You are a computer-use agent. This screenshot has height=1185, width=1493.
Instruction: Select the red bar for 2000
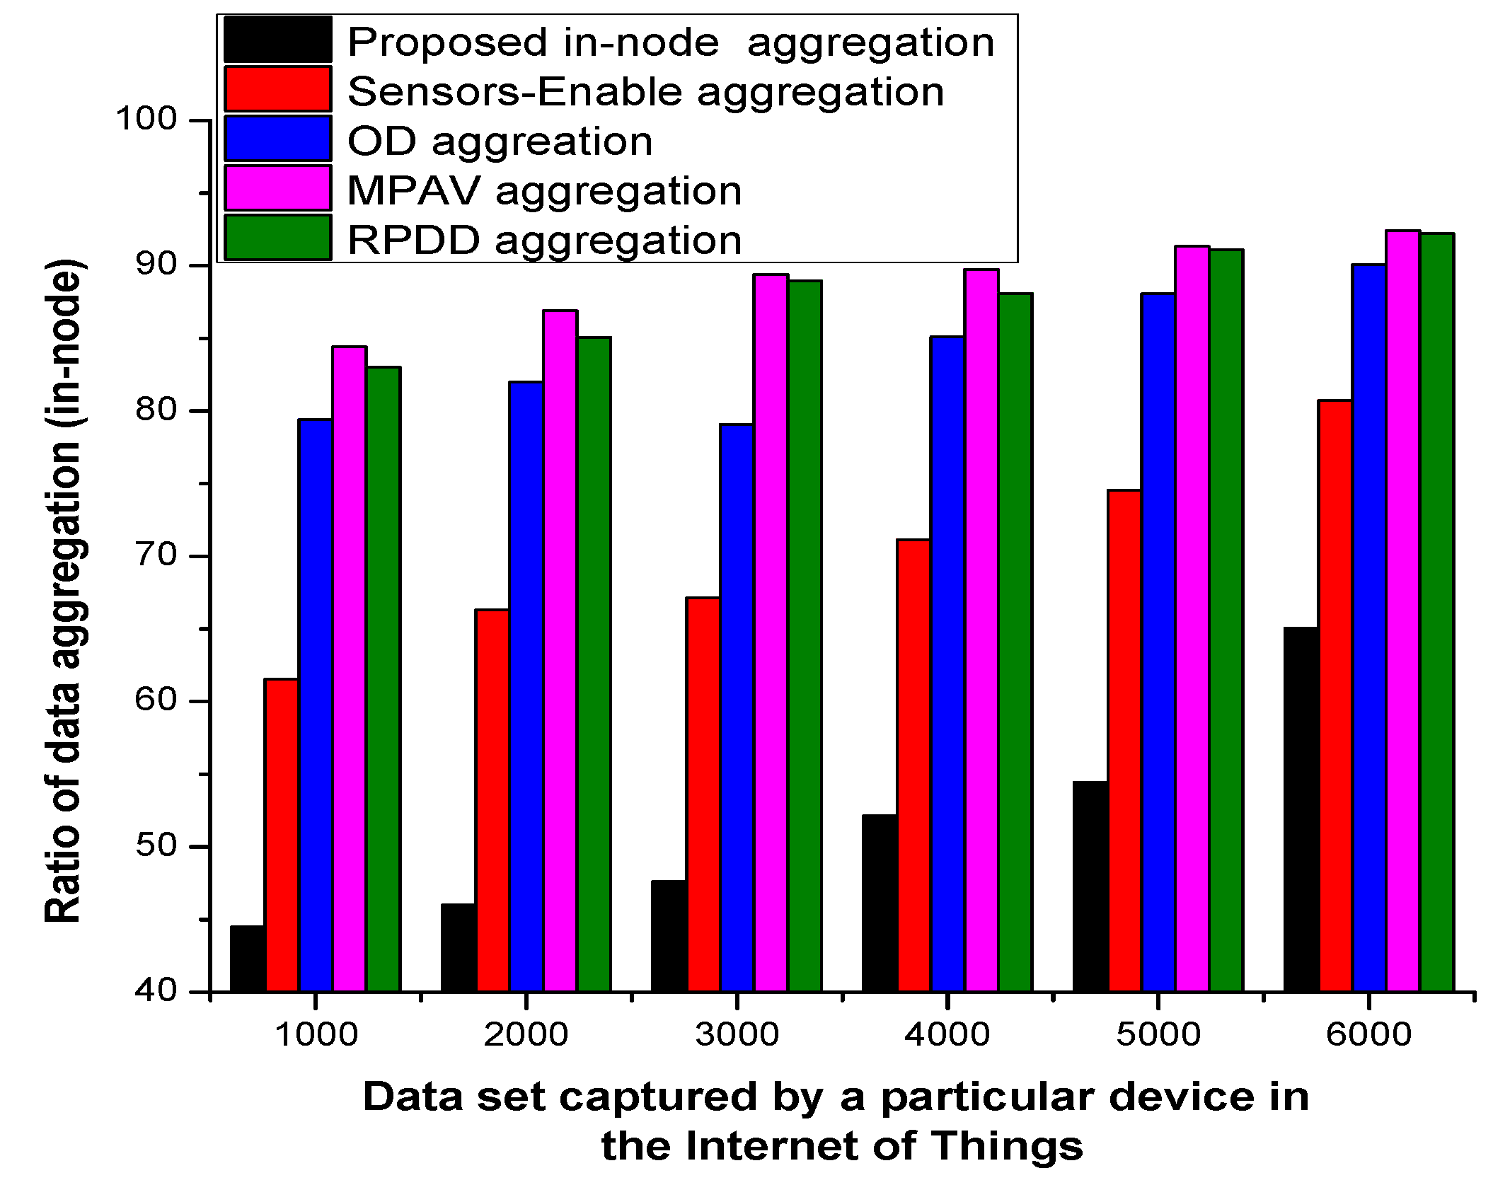coord(492,799)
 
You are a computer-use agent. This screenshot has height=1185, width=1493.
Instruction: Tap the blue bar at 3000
coord(736,707)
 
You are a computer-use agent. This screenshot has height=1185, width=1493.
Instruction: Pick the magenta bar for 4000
coord(981,630)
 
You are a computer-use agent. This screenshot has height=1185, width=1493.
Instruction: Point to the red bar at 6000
coord(1335,695)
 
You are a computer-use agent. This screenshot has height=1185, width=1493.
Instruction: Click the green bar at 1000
coord(383,679)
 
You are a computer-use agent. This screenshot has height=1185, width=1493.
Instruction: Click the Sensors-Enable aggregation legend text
coord(645,92)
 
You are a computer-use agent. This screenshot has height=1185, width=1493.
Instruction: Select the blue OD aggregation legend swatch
coord(278,139)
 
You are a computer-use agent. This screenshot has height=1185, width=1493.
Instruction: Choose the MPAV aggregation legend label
coord(544,190)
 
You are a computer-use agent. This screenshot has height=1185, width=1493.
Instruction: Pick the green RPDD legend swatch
coord(278,238)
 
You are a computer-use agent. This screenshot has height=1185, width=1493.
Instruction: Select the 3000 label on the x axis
coord(736,1035)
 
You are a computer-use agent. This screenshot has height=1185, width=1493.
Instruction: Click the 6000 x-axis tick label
coord(1368,1035)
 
